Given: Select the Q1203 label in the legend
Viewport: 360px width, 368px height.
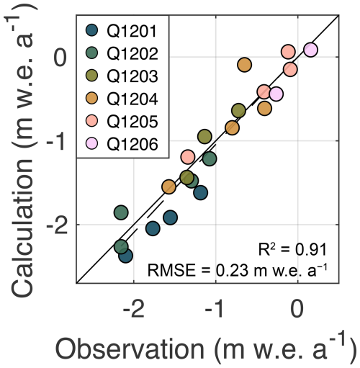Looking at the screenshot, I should coord(129,75).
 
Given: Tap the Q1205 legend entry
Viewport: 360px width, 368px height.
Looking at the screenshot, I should coord(129,120).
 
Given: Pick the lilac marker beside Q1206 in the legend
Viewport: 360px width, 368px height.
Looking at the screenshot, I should coord(92,143).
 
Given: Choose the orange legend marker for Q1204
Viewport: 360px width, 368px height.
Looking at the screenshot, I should coord(92,98).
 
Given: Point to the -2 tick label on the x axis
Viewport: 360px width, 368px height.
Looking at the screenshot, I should coord(132,311).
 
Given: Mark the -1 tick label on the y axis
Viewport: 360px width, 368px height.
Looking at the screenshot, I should coord(55,142).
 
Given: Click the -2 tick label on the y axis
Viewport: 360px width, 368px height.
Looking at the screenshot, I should coord(55,225).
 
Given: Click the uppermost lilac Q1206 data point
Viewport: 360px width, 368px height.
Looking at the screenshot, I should coord(310,50).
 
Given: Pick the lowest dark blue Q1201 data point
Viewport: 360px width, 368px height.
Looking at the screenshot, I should coord(125,256).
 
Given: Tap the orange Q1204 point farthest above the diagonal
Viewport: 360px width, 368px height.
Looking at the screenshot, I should coord(244,65).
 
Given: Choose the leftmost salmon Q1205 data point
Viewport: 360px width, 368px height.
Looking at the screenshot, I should coord(188,157).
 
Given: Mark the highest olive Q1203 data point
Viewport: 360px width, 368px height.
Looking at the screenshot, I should coord(238,110).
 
